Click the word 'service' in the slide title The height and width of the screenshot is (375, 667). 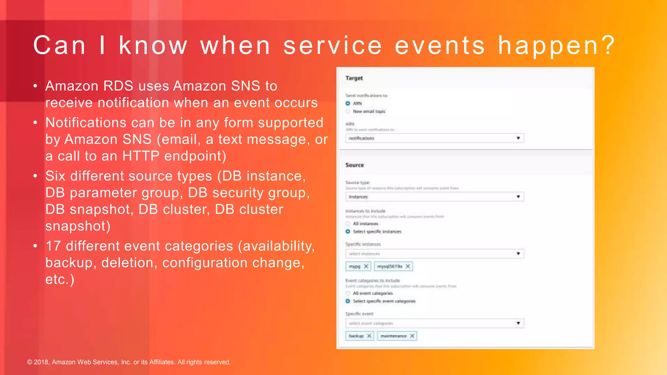[x=333, y=46]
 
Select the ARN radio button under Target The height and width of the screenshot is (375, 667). [x=348, y=104]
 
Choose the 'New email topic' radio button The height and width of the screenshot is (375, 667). [x=348, y=111]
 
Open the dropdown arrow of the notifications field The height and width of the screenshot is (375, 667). [x=518, y=138]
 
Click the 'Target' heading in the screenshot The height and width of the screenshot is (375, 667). [x=354, y=78]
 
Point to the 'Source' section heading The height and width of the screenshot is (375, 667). [x=355, y=165]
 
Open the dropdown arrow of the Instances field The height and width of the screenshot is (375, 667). [x=518, y=197]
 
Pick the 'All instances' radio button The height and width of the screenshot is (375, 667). [x=348, y=224]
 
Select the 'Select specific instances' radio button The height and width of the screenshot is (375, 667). [x=348, y=231]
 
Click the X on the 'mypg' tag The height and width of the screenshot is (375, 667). [x=366, y=266]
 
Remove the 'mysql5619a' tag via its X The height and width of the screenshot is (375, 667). [x=408, y=266]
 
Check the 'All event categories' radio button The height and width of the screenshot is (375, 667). [x=348, y=293]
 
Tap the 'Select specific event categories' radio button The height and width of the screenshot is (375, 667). [x=348, y=301]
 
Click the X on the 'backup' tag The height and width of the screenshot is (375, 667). [x=369, y=336]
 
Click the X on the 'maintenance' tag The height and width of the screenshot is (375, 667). [x=412, y=336]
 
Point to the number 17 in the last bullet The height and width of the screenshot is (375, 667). [x=53, y=246]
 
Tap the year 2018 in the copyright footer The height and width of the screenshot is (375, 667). [x=41, y=362]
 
